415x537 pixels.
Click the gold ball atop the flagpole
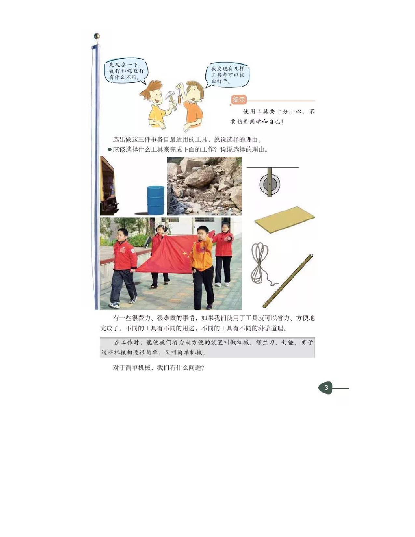(x=96, y=36)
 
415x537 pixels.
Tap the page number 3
(x=326, y=388)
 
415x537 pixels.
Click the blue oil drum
(x=156, y=200)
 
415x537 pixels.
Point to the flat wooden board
(x=285, y=219)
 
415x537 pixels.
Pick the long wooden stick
(x=288, y=281)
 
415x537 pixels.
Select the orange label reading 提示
(x=239, y=100)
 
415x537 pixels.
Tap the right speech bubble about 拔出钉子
(x=227, y=75)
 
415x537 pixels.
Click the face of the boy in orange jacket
(x=202, y=234)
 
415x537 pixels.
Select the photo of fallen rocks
(x=204, y=186)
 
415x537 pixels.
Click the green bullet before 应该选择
(x=110, y=150)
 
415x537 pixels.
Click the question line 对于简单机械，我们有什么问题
(x=158, y=368)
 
